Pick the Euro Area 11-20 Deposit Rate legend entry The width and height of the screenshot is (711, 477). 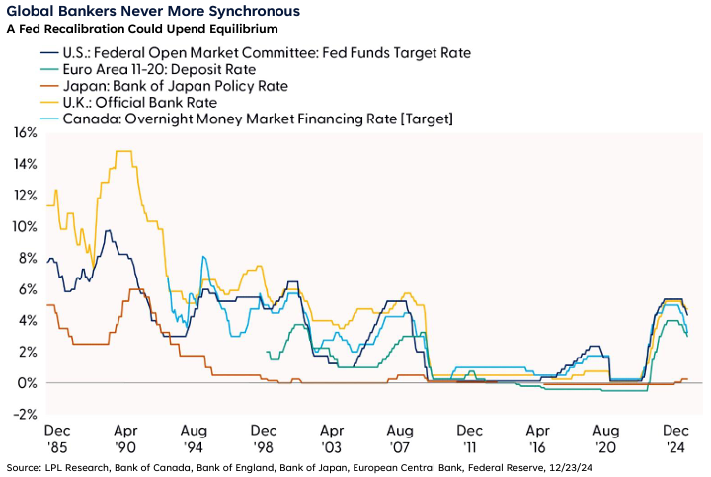tap(159, 69)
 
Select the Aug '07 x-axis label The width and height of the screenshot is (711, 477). tap(400, 438)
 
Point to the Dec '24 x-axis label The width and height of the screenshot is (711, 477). tap(676, 438)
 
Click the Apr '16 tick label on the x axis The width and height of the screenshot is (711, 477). tap(538, 438)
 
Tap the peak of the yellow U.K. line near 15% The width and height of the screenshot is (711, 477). tap(123, 152)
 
